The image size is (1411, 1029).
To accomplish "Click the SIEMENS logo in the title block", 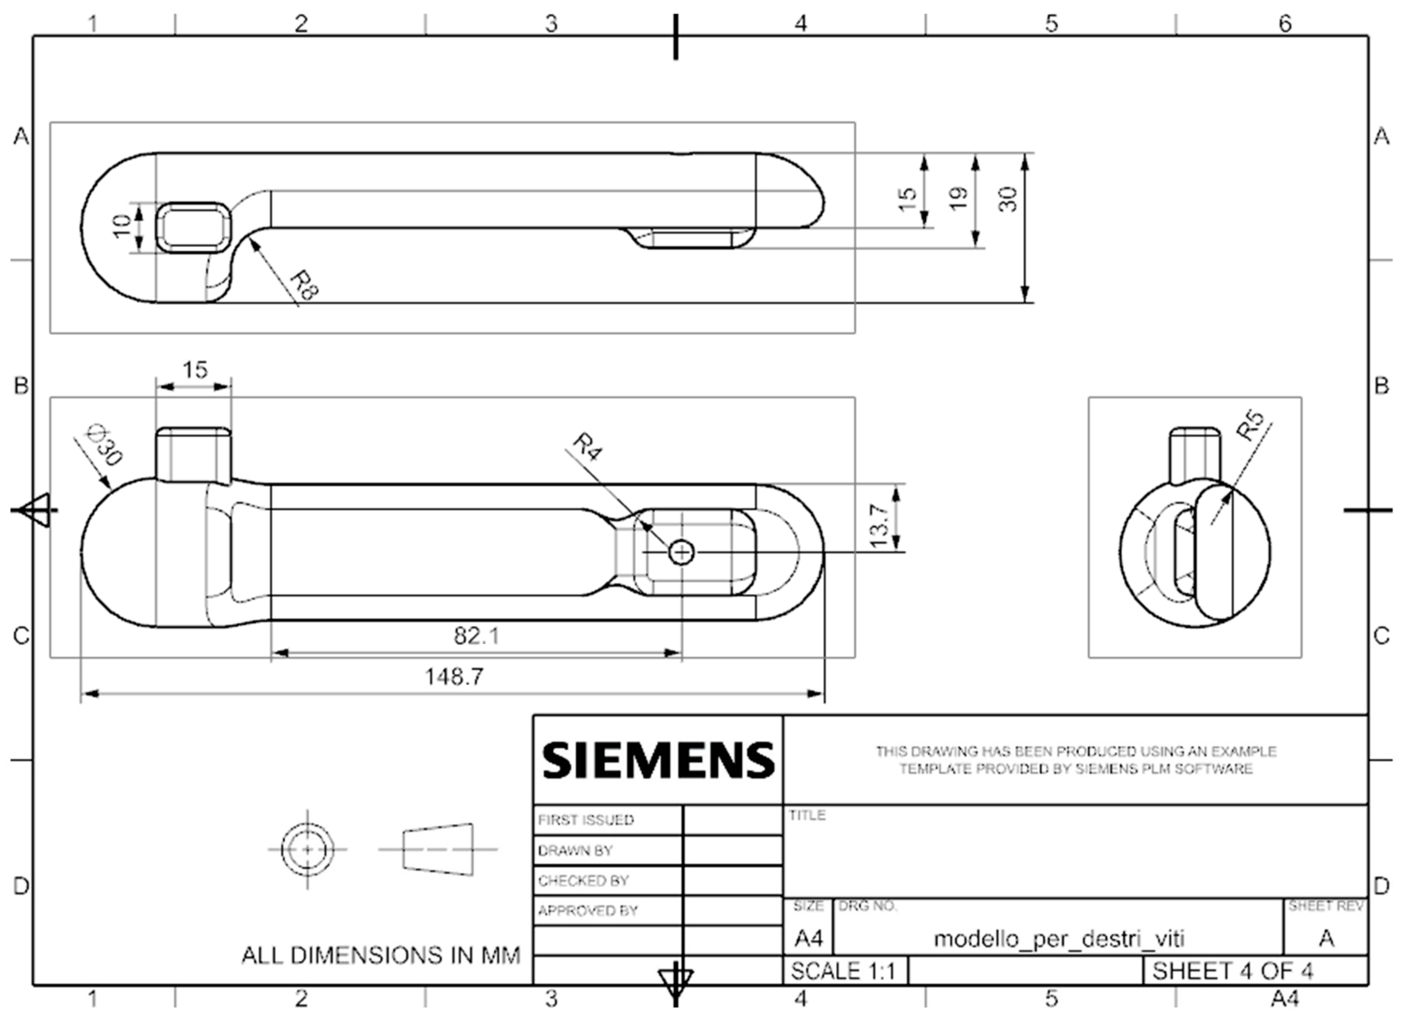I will click(658, 760).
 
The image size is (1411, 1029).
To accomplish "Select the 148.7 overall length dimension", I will click(454, 677).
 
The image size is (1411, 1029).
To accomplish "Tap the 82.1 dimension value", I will click(476, 636).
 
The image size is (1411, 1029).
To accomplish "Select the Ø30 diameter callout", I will click(105, 445).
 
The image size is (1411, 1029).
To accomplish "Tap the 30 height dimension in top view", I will click(1008, 199).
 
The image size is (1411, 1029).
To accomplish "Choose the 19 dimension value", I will click(959, 198).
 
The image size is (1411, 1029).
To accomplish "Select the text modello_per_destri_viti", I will click(1058, 938).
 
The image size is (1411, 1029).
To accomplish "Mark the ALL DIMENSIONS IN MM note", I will click(380, 955).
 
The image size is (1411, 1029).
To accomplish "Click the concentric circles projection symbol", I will click(307, 849).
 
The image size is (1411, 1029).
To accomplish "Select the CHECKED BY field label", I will click(583, 881).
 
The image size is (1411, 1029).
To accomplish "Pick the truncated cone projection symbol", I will click(438, 849).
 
